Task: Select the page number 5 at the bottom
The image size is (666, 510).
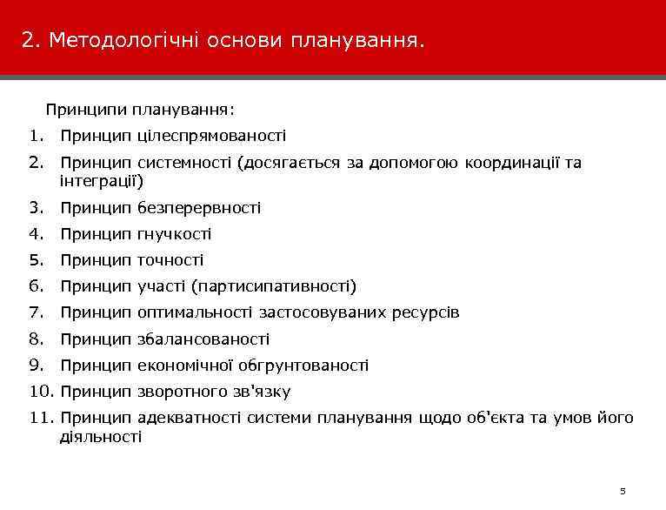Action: (623, 491)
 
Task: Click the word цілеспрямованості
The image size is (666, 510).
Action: (211, 136)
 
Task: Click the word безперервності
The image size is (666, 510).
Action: (199, 208)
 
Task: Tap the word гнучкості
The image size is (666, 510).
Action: (174, 234)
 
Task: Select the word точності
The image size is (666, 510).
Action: (170, 260)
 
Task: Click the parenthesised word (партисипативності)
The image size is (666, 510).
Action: (274, 286)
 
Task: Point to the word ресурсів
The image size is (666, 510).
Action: (428, 312)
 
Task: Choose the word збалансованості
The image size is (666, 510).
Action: (203, 339)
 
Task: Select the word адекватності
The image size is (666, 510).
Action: (189, 419)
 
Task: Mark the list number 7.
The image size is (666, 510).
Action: (35, 312)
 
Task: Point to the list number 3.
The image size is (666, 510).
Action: (35, 208)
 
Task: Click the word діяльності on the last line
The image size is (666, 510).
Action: (100, 436)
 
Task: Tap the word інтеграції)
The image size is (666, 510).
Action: (102, 181)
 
